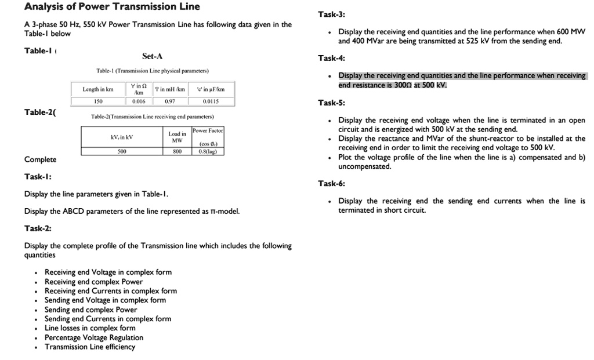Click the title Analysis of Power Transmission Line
pyautogui.click(x=112, y=7)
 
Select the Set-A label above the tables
pyautogui.click(x=152, y=56)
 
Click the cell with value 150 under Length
pyautogui.click(x=98, y=101)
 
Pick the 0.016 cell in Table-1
pyautogui.click(x=139, y=101)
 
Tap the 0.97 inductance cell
pyautogui.click(x=169, y=101)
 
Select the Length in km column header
pyautogui.click(x=98, y=89)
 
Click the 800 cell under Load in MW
pyautogui.click(x=177, y=151)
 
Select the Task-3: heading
pyautogui.click(x=332, y=14)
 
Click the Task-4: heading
pyautogui.click(x=332, y=58)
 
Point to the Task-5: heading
pyautogui.click(x=332, y=103)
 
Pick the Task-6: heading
pyautogui.click(x=332, y=184)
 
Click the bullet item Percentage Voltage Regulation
pyautogui.click(x=94, y=337)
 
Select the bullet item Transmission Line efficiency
pyautogui.click(x=90, y=347)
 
